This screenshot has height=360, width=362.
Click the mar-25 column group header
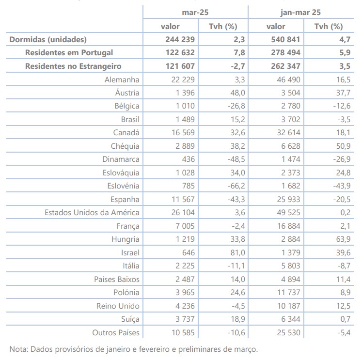[x=195, y=12]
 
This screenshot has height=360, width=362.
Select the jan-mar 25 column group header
[x=300, y=12]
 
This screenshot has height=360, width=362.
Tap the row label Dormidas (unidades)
[x=48, y=39]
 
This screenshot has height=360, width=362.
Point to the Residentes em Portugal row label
[x=69, y=52]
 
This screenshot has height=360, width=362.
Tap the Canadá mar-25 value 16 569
[x=180, y=132]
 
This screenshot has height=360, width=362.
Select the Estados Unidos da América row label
[x=92, y=212]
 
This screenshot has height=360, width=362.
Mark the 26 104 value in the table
[x=180, y=212]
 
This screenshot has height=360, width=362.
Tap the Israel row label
[x=130, y=252]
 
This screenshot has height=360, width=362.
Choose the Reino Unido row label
[x=118, y=306]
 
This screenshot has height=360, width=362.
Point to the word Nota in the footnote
[x=18, y=349]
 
